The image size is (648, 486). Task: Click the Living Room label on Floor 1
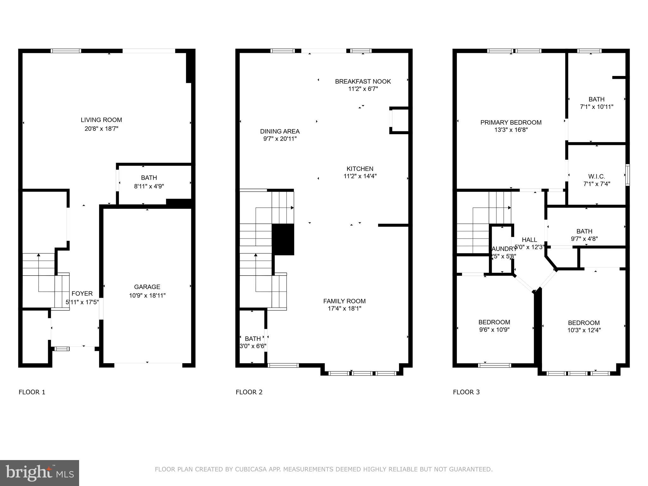coord(101,120)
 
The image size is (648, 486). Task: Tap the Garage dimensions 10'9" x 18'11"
coord(147,296)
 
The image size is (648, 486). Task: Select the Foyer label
coord(82,294)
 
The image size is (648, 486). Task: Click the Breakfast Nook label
coord(363,82)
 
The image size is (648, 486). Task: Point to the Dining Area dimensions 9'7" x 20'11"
coord(280,139)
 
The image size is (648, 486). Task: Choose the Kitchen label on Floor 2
coord(360,169)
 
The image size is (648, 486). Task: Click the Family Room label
coord(344,301)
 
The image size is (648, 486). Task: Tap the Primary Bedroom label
coord(511,122)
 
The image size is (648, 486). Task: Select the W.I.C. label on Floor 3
coord(596,177)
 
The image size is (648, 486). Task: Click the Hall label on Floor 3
coord(529,240)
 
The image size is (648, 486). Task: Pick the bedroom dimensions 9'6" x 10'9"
coord(494,330)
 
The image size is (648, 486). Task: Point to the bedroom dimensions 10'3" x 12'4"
coord(584,330)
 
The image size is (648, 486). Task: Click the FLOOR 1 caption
coord(32,392)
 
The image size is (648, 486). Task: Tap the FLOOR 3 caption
coord(466,392)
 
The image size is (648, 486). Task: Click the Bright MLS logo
coord(40,473)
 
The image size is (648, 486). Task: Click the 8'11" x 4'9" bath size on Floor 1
coord(149,186)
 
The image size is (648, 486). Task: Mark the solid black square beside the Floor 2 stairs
coord(283,239)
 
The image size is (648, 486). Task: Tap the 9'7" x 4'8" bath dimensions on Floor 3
coord(584,239)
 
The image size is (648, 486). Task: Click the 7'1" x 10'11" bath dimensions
coord(596,107)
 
